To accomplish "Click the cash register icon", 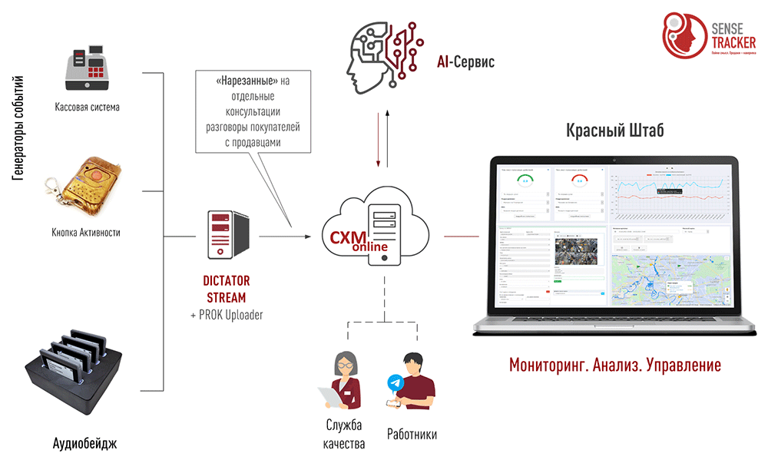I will tap(87, 70).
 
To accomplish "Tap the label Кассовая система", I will tap(87, 108).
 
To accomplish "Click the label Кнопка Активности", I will tap(86, 232).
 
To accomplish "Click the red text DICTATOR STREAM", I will tap(227, 289).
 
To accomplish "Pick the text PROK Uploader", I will tap(231, 315).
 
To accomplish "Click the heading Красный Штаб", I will tap(615, 131).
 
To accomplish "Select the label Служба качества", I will tap(344, 435).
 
